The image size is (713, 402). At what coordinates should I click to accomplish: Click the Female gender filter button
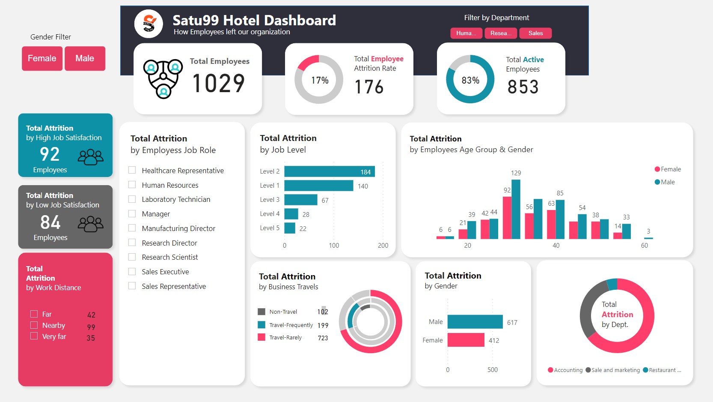[42, 58]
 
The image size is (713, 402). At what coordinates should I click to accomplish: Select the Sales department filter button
[535, 33]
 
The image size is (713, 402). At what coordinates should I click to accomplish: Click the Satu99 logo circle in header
[149, 24]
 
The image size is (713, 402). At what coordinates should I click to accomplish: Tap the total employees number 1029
[218, 83]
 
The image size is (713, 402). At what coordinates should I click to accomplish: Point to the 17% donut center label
[320, 80]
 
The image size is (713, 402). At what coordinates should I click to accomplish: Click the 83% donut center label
[470, 80]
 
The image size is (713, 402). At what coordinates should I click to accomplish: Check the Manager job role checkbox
[132, 213]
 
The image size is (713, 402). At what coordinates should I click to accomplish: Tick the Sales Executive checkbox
[132, 271]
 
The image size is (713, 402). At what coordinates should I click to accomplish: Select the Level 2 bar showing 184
[329, 171]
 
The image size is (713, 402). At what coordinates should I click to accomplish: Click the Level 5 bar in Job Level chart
[290, 228]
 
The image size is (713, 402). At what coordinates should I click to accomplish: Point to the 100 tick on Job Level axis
[334, 246]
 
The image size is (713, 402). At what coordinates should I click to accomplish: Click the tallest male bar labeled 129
[516, 209]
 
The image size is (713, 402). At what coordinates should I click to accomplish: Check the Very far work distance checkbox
[34, 336]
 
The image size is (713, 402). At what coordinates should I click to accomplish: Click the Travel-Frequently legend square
[261, 325]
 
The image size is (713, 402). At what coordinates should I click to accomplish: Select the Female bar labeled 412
[466, 340]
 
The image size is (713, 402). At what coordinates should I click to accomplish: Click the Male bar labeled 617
[475, 322]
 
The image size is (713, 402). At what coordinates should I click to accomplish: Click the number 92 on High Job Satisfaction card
[50, 154]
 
